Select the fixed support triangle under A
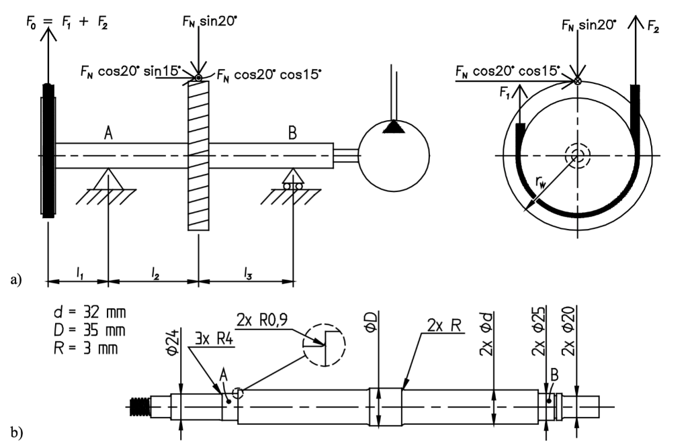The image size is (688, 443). [108, 179]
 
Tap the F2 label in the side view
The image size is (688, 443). [652, 28]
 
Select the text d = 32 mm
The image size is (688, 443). [90, 313]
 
